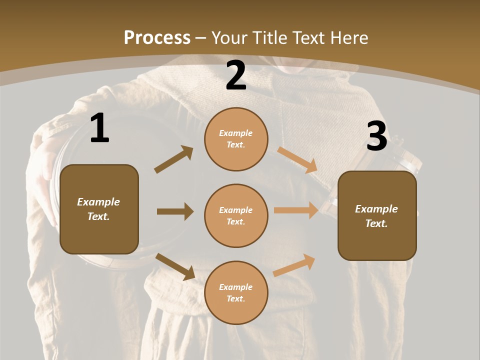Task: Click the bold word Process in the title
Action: pyautogui.click(x=157, y=38)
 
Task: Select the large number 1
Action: pyautogui.click(x=99, y=128)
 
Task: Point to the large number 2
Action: pyautogui.click(x=236, y=75)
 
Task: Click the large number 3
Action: pyautogui.click(x=376, y=136)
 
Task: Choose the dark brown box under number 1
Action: pyautogui.click(x=99, y=209)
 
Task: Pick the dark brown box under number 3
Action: pyautogui.click(x=377, y=215)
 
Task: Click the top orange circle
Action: pyautogui.click(x=236, y=139)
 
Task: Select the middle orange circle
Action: pyautogui.click(x=236, y=215)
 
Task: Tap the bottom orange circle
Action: pyautogui.click(x=236, y=292)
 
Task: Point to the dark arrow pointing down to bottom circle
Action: pyautogui.click(x=175, y=266)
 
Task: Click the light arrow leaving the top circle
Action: pyautogui.click(x=297, y=160)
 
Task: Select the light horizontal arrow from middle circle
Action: pyautogui.click(x=296, y=210)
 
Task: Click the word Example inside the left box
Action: pyautogui.click(x=98, y=202)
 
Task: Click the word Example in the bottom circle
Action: pyautogui.click(x=236, y=287)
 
